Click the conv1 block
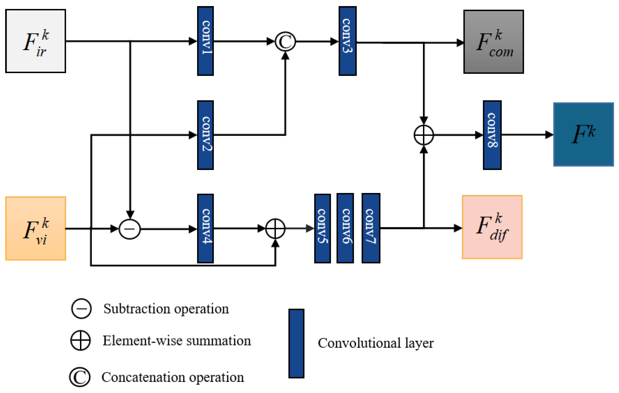coord(205,41)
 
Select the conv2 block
coord(205,135)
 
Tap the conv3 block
coord(347,41)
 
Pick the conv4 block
coord(205,228)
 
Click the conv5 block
coord(322,228)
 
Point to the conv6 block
coord(345,228)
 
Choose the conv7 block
coord(371,228)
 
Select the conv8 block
coord(492,135)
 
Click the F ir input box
coord(35,41)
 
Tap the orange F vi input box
coord(35,228)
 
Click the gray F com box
coord(493,42)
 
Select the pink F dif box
coord(492,227)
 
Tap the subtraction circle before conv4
coord(130,229)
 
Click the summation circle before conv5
coord(275,228)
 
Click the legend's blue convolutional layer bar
coord(296,343)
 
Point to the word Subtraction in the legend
coord(136,309)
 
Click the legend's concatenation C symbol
coord(80,377)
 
